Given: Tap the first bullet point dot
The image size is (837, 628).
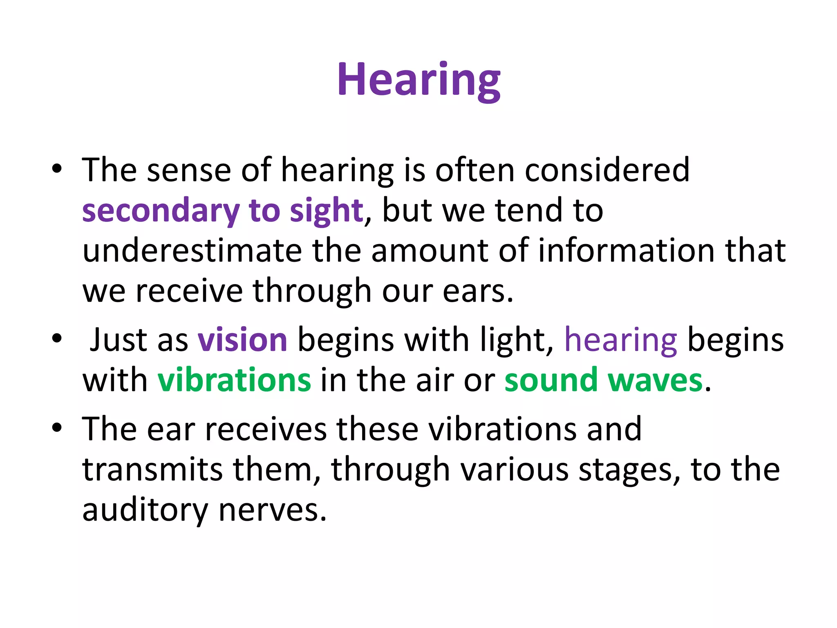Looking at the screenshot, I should (x=57, y=169).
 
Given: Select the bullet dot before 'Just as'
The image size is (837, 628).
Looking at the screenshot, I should (x=57, y=339).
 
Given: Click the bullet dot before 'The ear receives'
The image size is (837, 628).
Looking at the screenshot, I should (x=57, y=428).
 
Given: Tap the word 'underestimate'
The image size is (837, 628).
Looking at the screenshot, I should (x=192, y=250).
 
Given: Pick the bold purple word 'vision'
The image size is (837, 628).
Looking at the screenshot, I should (x=243, y=340).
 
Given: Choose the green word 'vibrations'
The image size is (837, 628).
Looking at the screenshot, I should (x=234, y=380).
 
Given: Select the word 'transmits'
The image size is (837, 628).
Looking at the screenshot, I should (x=152, y=469).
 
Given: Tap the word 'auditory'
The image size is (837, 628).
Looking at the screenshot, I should (x=145, y=510).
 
